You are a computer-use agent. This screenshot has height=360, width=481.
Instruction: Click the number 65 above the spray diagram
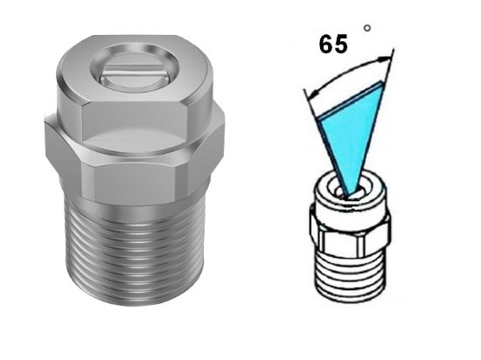click(x=333, y=44)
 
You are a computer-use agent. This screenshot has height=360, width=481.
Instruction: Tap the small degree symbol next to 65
click(x=367, y=28)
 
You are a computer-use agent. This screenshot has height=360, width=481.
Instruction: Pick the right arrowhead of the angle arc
click(x=387, y=59)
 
